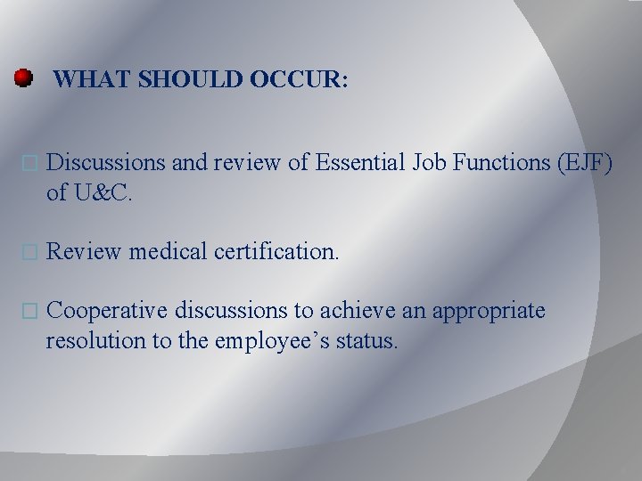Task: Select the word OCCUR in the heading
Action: click(295, 80)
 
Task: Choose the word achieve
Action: click(383, 311)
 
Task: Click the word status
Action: click(365, 340)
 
